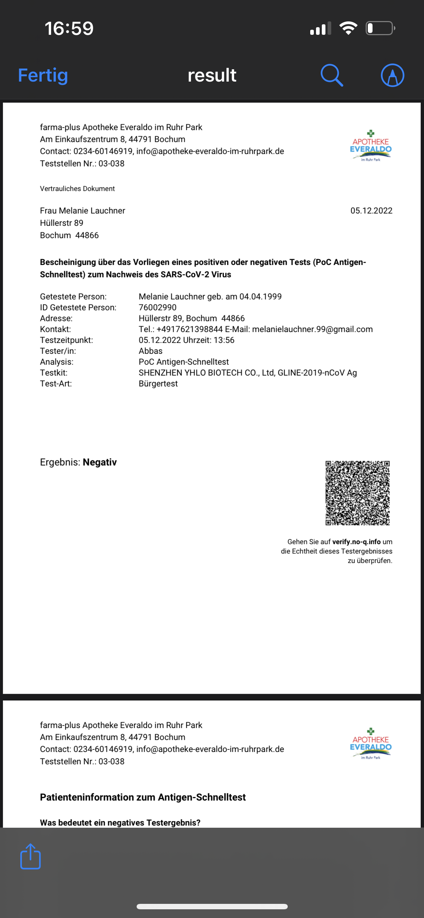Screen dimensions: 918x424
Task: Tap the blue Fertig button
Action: tap(43, 75)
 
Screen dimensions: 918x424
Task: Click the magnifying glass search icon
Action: tap(332, 75)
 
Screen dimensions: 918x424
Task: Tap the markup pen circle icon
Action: tap(392, 75)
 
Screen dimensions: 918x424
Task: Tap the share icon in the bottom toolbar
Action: tap(30, 856)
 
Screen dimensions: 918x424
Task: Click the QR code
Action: tap(357, 493)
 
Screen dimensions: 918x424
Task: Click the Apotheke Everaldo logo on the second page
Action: tap(370, 744)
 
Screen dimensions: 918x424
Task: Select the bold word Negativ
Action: tap(100, 462)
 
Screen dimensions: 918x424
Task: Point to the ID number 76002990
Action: tap(158, 307)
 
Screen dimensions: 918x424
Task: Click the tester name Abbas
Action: tap(150, 351)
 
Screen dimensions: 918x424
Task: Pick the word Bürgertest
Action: tap(158, 384)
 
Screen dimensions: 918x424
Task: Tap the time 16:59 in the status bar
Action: tap(69, 28)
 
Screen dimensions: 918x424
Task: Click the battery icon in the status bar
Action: tap(380, 28)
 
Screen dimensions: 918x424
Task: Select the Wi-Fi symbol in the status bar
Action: tap(348, 28)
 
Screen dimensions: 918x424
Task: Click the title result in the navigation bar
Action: tap(212, 75)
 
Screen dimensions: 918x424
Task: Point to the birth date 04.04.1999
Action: tap(260, 297)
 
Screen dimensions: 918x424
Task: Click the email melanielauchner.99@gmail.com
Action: tap(312, 329)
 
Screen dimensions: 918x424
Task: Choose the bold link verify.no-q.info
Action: tap(356, 542)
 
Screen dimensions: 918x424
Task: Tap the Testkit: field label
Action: tap(54, 373)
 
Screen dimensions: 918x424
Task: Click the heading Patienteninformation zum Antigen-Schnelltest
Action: tap(143, 797)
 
